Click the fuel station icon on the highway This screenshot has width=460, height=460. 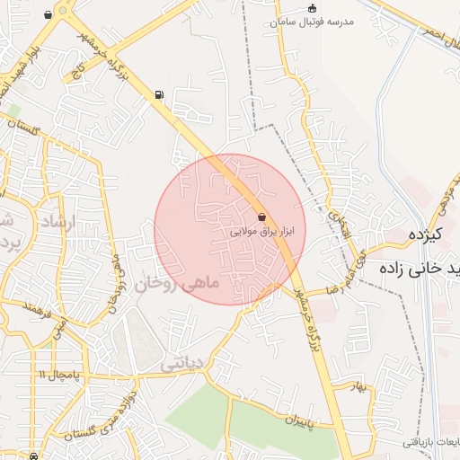[x=159, y=93]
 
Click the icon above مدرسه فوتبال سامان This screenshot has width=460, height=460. [x=312, y=8]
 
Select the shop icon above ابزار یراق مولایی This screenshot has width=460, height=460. [x=261, y=217]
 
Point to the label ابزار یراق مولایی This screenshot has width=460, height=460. [x=262, y=231]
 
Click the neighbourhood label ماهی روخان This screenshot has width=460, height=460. [x=177, y=284]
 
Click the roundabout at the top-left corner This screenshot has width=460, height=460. [x=64, y=10]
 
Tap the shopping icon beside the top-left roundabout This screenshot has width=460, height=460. [x=47, y=15]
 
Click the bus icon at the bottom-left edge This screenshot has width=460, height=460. [x=33, y=456]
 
